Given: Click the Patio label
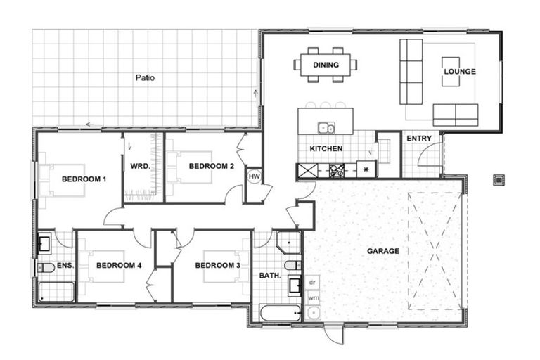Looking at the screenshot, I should tap(145, 77).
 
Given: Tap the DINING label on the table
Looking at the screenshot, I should tap(326, 65).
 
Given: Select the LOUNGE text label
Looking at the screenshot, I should tap(459, 72).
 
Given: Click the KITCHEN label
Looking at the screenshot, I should tap(326, 149).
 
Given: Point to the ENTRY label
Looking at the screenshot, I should tap(419, 139).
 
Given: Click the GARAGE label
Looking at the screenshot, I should tap(382, 251).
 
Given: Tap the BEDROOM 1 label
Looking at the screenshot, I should tap(84, 179).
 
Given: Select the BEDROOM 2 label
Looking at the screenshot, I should tap(211, 167).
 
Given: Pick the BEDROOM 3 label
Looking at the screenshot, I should tap(217, 266).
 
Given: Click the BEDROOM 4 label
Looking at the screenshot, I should tap(119, 266).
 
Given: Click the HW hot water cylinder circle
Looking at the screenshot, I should tap(254, 176).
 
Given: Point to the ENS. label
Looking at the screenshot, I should tap(65, 266).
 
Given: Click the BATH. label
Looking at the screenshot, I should tap(271, 276).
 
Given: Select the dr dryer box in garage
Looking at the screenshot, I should tap(313, 282).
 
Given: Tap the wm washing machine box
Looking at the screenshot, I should tap(313, 298).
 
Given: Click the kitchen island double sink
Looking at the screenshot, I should tap(326, 128).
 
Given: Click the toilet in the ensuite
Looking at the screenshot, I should tap(46, 267).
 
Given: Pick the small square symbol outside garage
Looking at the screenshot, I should tap(499, 179).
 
